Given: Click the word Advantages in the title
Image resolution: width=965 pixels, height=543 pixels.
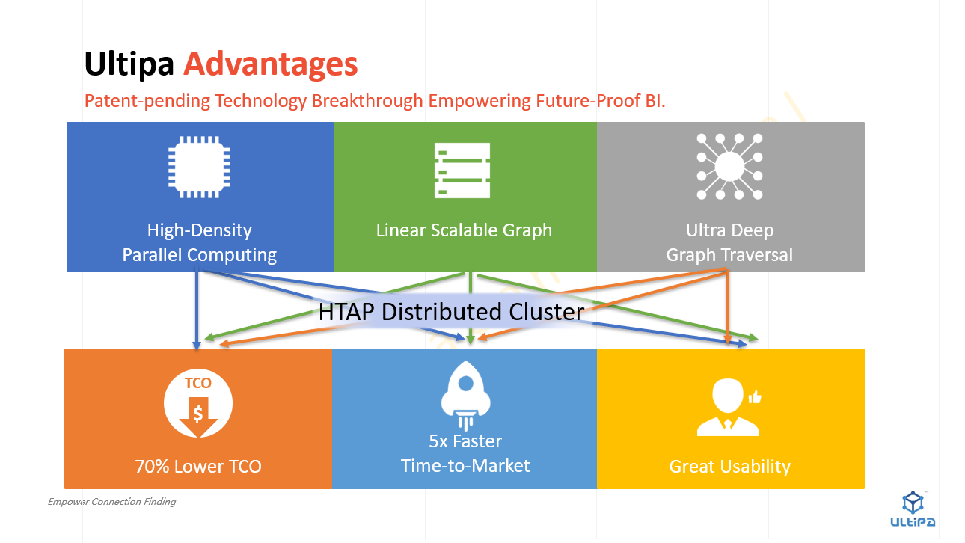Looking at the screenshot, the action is point(270,64).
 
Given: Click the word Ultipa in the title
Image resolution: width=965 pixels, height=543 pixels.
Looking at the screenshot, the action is point(129,64).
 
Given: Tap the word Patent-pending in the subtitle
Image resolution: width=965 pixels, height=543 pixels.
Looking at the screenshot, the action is point(147,101).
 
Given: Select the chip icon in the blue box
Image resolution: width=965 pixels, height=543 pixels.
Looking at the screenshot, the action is point(199,167).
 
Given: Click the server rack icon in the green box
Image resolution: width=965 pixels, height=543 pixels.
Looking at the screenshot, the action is point(462,171).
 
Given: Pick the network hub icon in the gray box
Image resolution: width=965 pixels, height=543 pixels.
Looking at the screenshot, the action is point(729,167).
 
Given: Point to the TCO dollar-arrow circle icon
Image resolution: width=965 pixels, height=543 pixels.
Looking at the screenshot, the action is point(198,403).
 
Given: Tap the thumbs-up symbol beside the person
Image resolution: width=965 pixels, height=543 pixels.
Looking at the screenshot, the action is point(755,396).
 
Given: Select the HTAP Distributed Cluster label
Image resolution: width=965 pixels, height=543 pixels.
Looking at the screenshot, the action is point(451,312).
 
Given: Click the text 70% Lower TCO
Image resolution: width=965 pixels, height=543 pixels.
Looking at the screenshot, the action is point(198,467).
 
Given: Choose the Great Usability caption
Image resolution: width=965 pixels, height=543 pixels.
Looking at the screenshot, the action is point(730,467).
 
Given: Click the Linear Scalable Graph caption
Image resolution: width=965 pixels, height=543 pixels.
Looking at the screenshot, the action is point(464,230).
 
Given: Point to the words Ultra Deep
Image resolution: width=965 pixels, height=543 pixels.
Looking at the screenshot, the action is point(729,230).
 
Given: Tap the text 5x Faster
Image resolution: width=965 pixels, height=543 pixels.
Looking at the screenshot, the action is point(465,441).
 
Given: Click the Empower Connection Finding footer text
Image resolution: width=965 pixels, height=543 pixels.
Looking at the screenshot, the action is point(111,502).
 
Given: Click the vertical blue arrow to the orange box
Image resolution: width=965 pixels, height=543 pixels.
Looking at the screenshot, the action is point(197,308).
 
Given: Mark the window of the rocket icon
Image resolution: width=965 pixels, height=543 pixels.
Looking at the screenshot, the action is point(466,383).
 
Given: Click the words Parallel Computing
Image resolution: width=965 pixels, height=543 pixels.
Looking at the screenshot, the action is point(200,255).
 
